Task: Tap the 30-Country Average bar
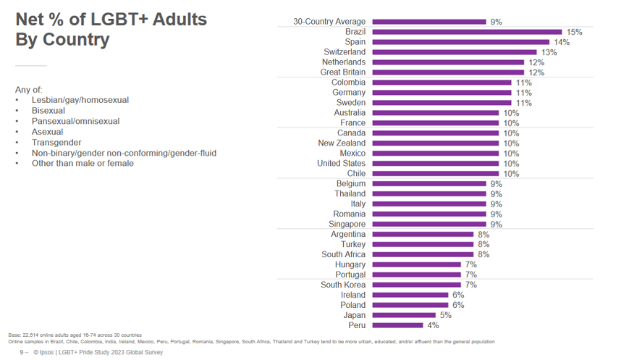tap(428, 22)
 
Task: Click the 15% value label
tap(575, 32)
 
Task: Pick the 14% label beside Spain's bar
tap(562, 42)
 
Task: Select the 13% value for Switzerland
tap(549, 52)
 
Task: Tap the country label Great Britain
tap(343, 72)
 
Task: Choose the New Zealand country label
tap(342, 143)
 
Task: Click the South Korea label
tap(343, 285)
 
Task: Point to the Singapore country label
tap(347, 225)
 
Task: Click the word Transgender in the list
tap(56, 143)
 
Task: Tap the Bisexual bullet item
tap(48, 111)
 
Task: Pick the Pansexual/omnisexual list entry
tap(75, 122)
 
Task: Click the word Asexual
tap(47, 132)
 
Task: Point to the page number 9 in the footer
tap(22, 353)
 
